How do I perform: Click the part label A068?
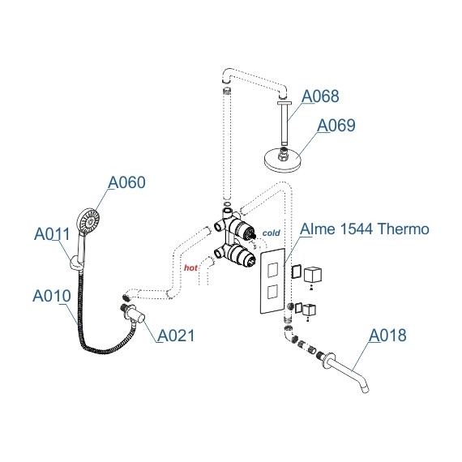(x=320, y=97)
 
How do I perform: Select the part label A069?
(x=336, y=126)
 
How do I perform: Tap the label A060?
(x=126, y=182)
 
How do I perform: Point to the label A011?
(x=53, y=235)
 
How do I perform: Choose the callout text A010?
(x=53, y=296)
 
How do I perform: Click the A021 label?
(x=176, y=336)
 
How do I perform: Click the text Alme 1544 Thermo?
(x=365, y=229)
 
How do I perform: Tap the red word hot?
(x=191, y=267)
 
